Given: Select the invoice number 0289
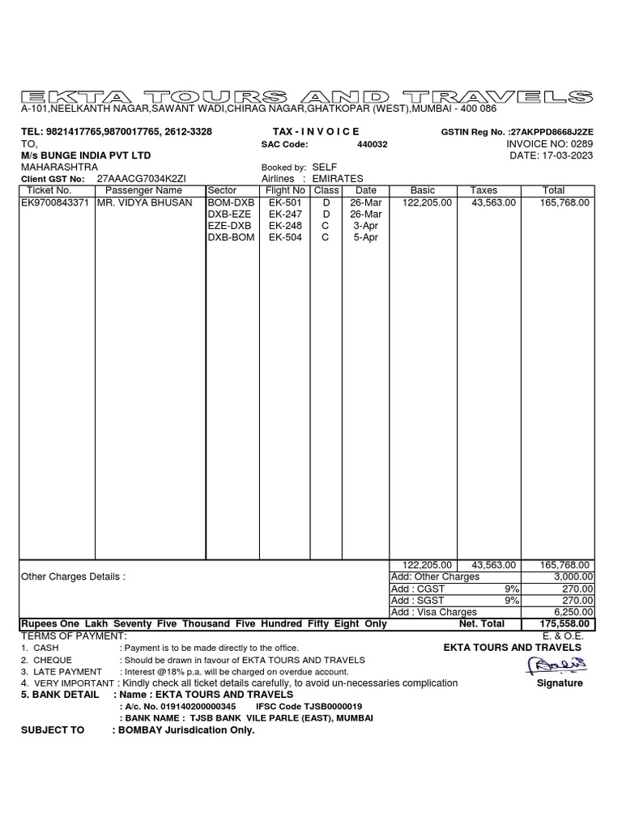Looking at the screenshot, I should pyautogui.click(x=582, y=143).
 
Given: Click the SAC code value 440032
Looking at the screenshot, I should pyautogui.click(x=373, y=144).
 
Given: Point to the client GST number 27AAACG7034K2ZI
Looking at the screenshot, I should pyautogui.click(x=141, y=178).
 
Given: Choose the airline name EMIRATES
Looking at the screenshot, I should pyautogui.click(x=338, y=178).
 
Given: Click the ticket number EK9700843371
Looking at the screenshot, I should pyautogui.click(x=56, y=202).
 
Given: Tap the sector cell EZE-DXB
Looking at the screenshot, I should pyautogui.click(x=230, y=226).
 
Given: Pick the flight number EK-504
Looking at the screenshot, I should pyautogui.click(x=284, y=237).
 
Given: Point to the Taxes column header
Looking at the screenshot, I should pyautogui.click(x=484, y=190).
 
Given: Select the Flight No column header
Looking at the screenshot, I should pyautogui.click(x=283, y=190).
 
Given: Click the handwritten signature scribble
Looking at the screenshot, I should pyautogui.click(x=558, y=665).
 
